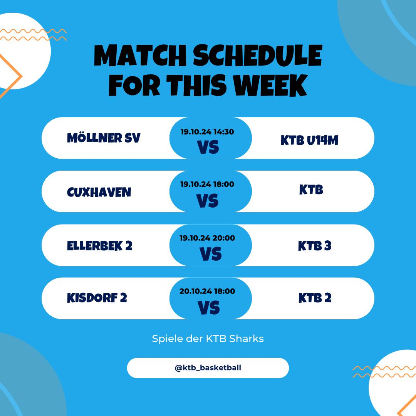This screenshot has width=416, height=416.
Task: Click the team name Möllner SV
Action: click(x=104, y=138)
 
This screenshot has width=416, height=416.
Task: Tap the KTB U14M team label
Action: click(x=309, y=140)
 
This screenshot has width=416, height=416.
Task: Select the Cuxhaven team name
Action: click(x=99, y=192)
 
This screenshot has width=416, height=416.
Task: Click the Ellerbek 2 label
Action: click(x=99, y=246)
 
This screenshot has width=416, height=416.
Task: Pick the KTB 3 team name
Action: click(x=315, y=246)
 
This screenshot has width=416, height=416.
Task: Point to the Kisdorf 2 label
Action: click(x=97, y=298)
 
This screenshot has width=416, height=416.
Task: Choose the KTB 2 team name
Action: click(x=315, y=298)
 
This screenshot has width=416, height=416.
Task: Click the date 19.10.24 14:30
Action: click(x=207, y=132)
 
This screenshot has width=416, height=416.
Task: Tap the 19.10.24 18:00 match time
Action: click(x=207, y=184)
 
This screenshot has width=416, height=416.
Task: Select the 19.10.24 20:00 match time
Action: click(x=207, y=238)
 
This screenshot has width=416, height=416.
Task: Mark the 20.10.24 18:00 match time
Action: click(x=207, y=291)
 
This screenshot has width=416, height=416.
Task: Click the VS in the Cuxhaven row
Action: click(x=208, y=201)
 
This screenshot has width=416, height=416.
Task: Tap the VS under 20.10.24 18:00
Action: click(x=209, y=308)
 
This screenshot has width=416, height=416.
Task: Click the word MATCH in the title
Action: click(x=140, y=55)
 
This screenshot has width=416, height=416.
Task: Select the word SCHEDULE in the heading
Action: click(x=258, y=55)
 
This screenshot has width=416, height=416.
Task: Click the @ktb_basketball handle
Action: click(x=208, y=368)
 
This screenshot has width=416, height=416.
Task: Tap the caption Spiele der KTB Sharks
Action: click(x=208, y=339)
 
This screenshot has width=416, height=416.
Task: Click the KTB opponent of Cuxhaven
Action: click(x=311, y=190)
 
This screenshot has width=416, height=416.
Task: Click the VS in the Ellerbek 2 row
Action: click(x=211, y=254)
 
